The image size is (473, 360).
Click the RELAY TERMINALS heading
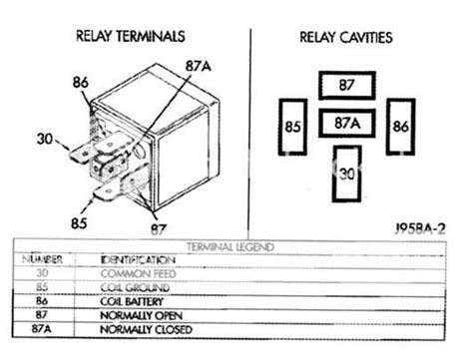coord(130,37)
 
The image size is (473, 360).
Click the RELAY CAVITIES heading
coord(345,38)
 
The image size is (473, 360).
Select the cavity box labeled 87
coord(345,87)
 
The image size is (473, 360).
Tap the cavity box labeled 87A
coord(345,125)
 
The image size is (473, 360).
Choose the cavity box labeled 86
coord(399,127)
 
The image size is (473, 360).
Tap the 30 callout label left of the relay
coord(44,140)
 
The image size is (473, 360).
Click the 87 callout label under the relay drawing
coord(156,228)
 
